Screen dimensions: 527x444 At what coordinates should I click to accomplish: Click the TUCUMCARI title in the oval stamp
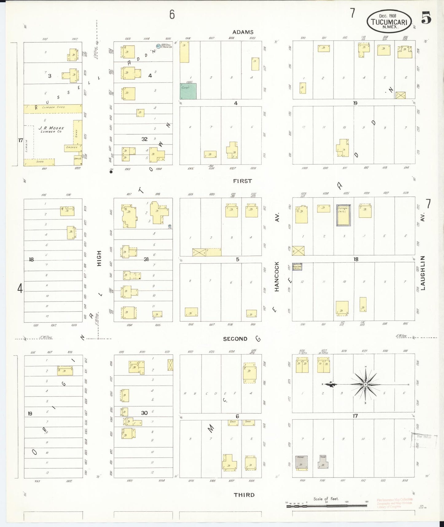(389, 22)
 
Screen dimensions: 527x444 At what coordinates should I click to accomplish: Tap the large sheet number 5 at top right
(426, 18)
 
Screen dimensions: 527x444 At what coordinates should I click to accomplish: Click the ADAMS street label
(243, 32)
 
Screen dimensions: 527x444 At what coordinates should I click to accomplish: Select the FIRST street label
(242, 181)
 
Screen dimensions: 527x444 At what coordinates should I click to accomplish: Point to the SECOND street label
(235, 339)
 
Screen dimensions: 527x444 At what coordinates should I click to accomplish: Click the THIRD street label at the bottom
(244, 495)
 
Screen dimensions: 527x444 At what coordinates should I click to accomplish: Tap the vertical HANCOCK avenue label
(277, 276)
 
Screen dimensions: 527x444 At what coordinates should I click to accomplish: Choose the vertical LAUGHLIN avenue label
(423, 273)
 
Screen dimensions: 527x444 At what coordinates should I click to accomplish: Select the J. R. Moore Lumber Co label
(51, 129)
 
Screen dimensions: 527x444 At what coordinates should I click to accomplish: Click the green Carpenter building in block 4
(188, 91)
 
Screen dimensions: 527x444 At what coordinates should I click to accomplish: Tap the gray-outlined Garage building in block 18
(343, 215)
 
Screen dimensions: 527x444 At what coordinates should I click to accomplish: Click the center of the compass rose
(365, 384)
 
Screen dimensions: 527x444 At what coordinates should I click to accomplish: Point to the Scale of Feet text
(326, 499)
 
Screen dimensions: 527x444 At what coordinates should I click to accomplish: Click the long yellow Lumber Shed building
(53, 109)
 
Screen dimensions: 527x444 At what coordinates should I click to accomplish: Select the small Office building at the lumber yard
(78, 158)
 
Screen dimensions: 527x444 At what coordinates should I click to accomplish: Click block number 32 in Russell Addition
(144, 139)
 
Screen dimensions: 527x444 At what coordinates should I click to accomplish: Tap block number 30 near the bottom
(144, 413)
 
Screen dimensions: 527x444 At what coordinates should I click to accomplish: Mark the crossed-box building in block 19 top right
(400, 95)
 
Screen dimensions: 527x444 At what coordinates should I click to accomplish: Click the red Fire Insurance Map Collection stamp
(395, 503)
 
